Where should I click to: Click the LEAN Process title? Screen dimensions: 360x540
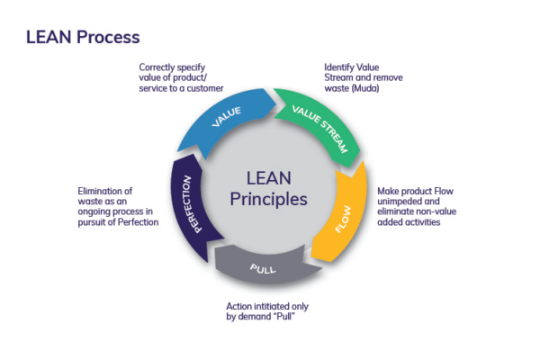(83, 38)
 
